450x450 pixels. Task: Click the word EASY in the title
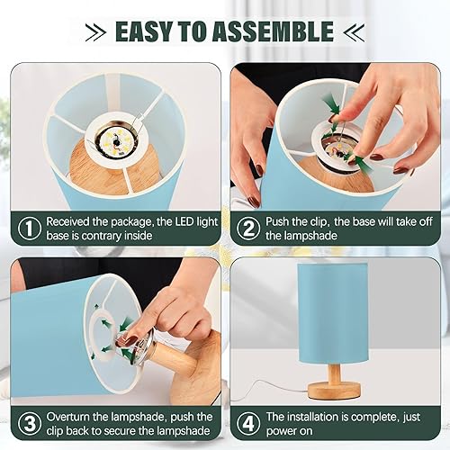[148, 31]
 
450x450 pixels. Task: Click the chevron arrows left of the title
[93, 31]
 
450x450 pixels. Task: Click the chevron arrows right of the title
[354, 31]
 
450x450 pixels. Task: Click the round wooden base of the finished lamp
[334, 390]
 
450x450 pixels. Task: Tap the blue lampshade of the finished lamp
[334, 310]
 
